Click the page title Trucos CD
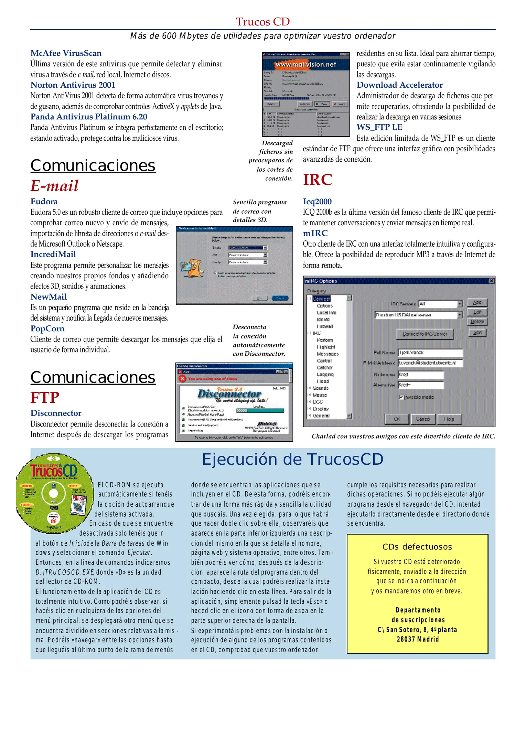click(x=262, y=22)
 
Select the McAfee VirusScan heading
click(x=66, y=53)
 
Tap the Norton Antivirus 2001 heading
click(x=73, y=85)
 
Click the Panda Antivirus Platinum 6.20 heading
click(x=89, y=117)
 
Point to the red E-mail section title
click(x=54, y=186)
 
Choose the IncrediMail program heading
click(x=53, y=255)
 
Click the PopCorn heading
click(x=47, y=329)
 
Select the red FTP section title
click(x=45, y=398)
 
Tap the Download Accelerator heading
click(x=399, y=85)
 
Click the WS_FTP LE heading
click(x=379, y=127)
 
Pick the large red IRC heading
click(x=317, y=180)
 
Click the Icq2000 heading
click(x=317, y=202)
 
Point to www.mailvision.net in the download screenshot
click(x=305, y=64)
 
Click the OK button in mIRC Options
click(x=397, y=419)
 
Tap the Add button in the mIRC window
click(x=477, y=303)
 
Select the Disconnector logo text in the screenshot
click(x=229, y=394)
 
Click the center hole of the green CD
click(x=54, y=493)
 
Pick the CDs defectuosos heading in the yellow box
click(x=417, y=547)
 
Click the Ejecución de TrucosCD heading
click(x=292, y=460)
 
